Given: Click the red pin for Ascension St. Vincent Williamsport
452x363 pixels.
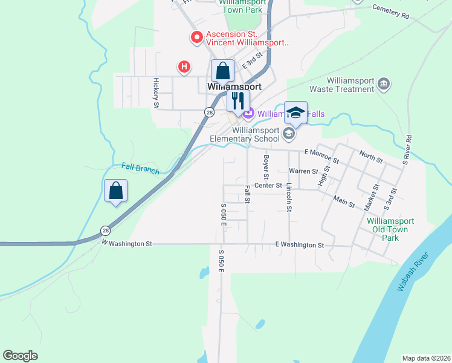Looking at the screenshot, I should pyautogui.click(x=196, y=38).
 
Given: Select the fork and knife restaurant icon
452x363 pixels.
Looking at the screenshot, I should pyautogui.click(x=238, y=100).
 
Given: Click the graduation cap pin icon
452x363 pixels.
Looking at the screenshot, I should pyautogui.click(x=295, y=113).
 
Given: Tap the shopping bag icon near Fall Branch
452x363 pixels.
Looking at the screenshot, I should pyautogui.click(x=116, y=191).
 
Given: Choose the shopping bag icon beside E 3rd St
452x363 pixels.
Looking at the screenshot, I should pyautogui.click(x=223, y=71).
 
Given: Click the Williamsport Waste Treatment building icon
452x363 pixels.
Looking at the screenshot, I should pyautogui.click(x=383, y=83).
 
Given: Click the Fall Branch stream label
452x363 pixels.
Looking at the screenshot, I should pyautogui.click(x=140, y=168).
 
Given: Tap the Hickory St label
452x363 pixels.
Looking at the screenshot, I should pyautogui.click(x=156, y=93).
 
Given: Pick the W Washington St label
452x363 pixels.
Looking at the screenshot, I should pyautogui.click(x=126, y=243).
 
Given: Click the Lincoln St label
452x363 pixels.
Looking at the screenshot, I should pyautogui.click(x=289, y=197).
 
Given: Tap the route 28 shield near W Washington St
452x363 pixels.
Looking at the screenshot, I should pyautogui.click(x=106, y=230).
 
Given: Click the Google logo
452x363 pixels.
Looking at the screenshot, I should pyautogui.click(x=20, y=356).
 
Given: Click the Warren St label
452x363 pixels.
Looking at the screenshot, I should pyautogui.click(x=303, y=171).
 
